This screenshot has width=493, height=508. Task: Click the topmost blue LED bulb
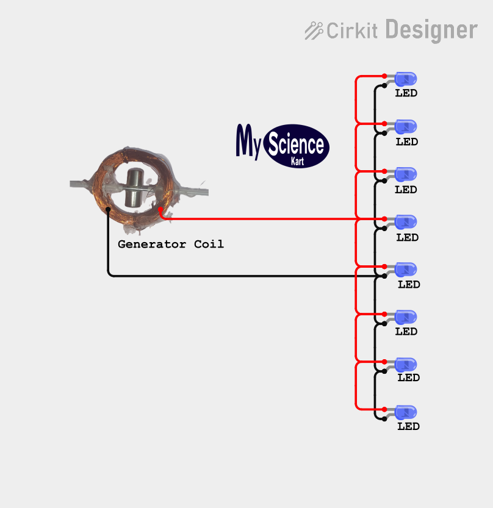pyautogui.click(x=406, y=79)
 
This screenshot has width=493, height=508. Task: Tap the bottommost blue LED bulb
pyautogui.click(x=406, y=412)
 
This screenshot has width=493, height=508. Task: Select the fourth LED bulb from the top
pyautogui.click(x=406, y=221)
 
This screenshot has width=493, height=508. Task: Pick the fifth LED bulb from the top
pyautogui.click(x=406, y=269)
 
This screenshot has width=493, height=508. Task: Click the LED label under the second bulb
pyautogui.click(x=407, y=141)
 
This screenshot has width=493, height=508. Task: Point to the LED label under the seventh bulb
pyautogui.click(x=409, y=377)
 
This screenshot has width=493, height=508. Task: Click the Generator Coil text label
pyautogui.click(x=171, y=244)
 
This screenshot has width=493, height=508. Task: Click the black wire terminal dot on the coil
pyautogui.click(x=108, y=209)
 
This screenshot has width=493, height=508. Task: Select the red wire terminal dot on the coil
pyautogui.click(x=160, y=209)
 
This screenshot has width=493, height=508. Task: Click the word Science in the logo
pyautogui.click(x=297, y=145)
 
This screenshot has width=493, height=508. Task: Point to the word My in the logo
pyautogui.click(x=249, y=141)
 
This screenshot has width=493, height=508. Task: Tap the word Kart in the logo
pyautogui.click(x=297, y=162)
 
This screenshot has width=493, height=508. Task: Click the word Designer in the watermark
pyautogui.click(x=431, y=29)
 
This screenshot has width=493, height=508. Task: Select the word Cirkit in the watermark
pyautogui.click(x=352, y=30)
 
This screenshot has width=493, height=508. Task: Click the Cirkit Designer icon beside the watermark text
pyautogui.click(x=314, y=30)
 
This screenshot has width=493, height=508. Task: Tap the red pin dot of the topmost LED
pyautogui.click(x=384, y=76)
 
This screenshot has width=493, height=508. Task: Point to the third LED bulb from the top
pyautogui.click(x=406, y=174)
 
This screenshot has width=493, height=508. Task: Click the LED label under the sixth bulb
pyautogui.click(x=406, y=331)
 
